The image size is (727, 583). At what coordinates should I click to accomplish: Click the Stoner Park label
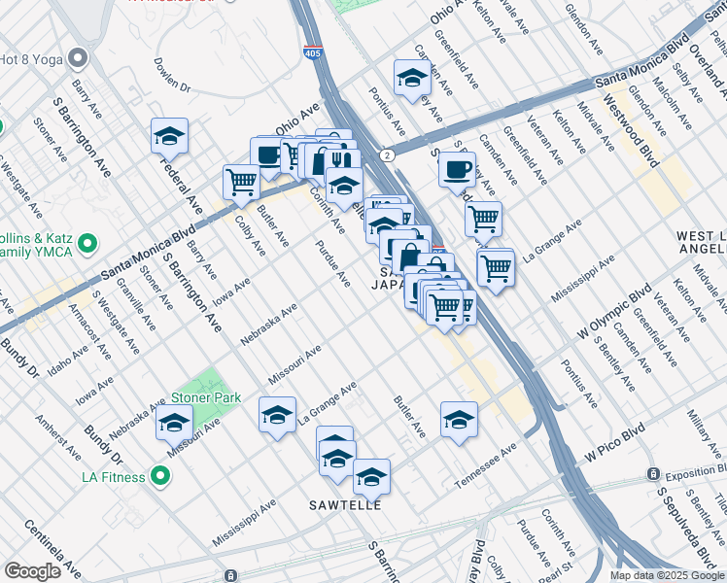(x=205, y=397)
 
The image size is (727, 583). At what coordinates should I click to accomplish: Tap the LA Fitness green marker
(x=160, y=477)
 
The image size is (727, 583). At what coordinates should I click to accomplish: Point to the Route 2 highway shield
(x=388, y=155)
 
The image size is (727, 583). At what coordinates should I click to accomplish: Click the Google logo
(x=32, y=571)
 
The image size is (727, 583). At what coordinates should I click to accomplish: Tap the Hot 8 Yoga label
(x=30, y=58)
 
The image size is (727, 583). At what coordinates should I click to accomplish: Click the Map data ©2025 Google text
(x=666, y=575)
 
